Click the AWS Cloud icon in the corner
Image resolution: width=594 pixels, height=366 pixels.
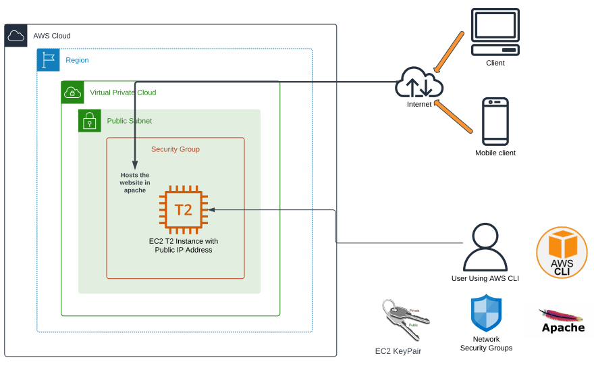click(16, 36)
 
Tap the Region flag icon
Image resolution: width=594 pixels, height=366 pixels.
click(48, 60)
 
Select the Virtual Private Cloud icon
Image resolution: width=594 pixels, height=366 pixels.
click(72, 93)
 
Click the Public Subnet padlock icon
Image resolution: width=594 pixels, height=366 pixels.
click(89, 121)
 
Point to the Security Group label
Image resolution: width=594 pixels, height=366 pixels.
click(175, 149)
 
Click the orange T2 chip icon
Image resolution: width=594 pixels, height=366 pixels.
click(183, 209)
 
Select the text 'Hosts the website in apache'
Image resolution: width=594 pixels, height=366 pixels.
click(135, 182)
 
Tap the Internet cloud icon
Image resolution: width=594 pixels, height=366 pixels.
click(419, 84)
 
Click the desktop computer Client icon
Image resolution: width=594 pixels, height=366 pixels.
click(495, 32)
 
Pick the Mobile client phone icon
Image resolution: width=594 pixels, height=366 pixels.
click(495, 122)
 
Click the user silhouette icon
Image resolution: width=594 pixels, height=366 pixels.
click(485, 247)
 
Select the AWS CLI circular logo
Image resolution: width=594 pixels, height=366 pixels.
click(562, 253)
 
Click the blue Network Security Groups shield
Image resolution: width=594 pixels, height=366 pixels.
click(486, 313)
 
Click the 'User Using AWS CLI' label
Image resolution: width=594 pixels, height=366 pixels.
click(485, 278)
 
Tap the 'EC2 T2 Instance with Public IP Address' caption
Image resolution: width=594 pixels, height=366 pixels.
click(184, 245)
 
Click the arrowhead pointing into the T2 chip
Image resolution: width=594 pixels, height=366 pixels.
click(211, 209)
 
